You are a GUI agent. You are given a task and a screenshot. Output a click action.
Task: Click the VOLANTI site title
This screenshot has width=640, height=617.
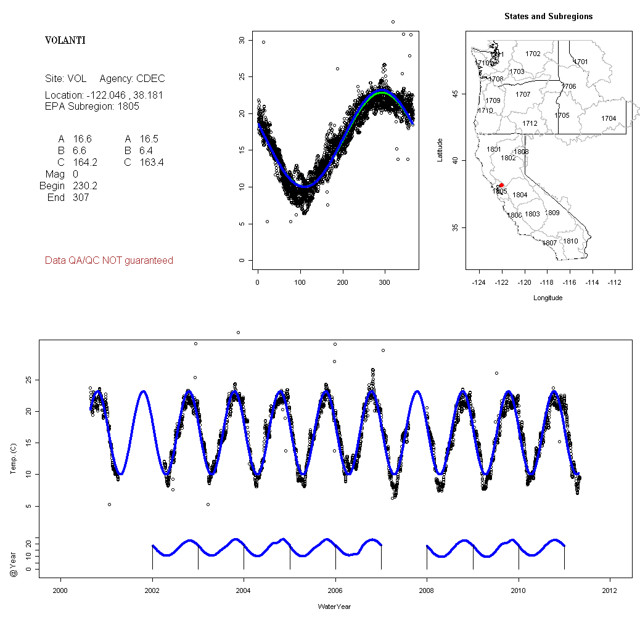[65, 41]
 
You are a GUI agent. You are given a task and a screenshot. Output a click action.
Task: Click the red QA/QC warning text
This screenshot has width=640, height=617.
[109, 261]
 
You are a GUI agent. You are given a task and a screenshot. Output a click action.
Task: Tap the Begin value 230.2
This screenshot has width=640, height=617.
[85, 186]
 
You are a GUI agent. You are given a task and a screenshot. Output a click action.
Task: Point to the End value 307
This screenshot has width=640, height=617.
[81, 197]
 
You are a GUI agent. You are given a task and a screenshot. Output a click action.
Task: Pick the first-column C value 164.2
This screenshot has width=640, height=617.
[85, 162]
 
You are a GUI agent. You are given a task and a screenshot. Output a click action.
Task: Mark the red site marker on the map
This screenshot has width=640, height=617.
[501, 185]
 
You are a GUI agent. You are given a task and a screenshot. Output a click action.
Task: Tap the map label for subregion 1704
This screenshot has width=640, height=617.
[609, 118]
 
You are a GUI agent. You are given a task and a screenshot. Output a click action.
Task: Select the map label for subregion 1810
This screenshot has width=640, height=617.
[571, 241]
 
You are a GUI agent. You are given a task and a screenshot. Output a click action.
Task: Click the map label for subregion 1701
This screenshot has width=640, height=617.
[581, 62]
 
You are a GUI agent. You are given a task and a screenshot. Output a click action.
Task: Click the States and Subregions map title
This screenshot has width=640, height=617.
[548, 17]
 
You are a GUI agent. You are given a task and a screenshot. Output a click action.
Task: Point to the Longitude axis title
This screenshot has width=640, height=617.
[548, 298]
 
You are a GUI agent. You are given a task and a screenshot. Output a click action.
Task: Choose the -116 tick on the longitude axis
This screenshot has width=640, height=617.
[569, 283]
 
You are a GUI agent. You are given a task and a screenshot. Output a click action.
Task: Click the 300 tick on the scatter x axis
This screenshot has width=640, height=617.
[384, 283]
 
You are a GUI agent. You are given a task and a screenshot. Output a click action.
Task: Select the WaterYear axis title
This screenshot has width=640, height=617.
[335, 607]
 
